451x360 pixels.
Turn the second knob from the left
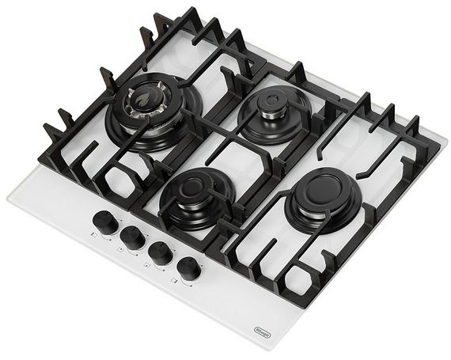click(x=132, y=235)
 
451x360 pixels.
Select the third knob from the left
click(x=161, y=251)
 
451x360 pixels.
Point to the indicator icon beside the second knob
click(x=120, y=250)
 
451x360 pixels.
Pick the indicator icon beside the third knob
click(x=150, y=267)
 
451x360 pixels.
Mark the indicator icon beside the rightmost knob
click(x=177, y=282)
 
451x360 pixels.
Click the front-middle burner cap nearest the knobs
click(x=195, y=189)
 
